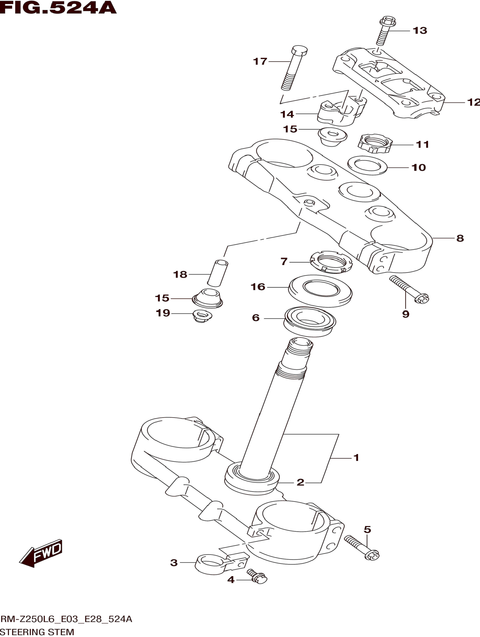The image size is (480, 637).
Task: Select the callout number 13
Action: click(x=420, y=31)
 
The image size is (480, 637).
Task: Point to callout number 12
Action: click(x=473, y=102)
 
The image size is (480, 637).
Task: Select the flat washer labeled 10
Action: click(x=367, y=165)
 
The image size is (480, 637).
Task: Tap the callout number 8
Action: click(x=460, y=238)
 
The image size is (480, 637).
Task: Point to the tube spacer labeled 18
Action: click(x=218, y=273)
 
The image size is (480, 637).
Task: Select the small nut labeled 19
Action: click(x=202, y=316)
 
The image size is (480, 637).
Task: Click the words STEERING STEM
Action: click(x=37, y=632)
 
